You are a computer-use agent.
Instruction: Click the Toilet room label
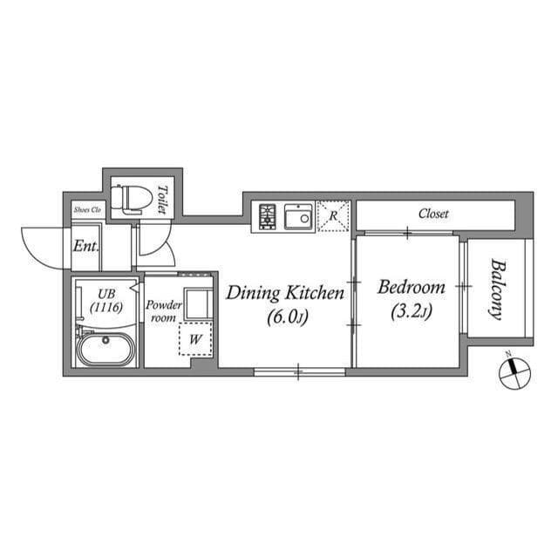[x=162, y=200]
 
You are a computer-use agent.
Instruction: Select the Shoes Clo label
[x=87, y=210]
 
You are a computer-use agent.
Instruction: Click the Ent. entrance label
[x=85, y=246]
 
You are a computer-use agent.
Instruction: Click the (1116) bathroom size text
[x=105, y=307]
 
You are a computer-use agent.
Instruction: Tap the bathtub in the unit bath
[x=105, y=351]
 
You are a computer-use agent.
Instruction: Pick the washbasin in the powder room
[x=197, y=303]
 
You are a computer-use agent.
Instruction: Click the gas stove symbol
[x=268, y=215]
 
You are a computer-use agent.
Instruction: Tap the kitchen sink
[x=298, y=215]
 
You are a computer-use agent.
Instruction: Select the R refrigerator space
[x=332, y=214]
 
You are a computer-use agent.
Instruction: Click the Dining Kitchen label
[x=285, y=293]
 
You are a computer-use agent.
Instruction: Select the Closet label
[x=433, y=213]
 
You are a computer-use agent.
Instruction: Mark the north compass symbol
[x=514, y=372]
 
